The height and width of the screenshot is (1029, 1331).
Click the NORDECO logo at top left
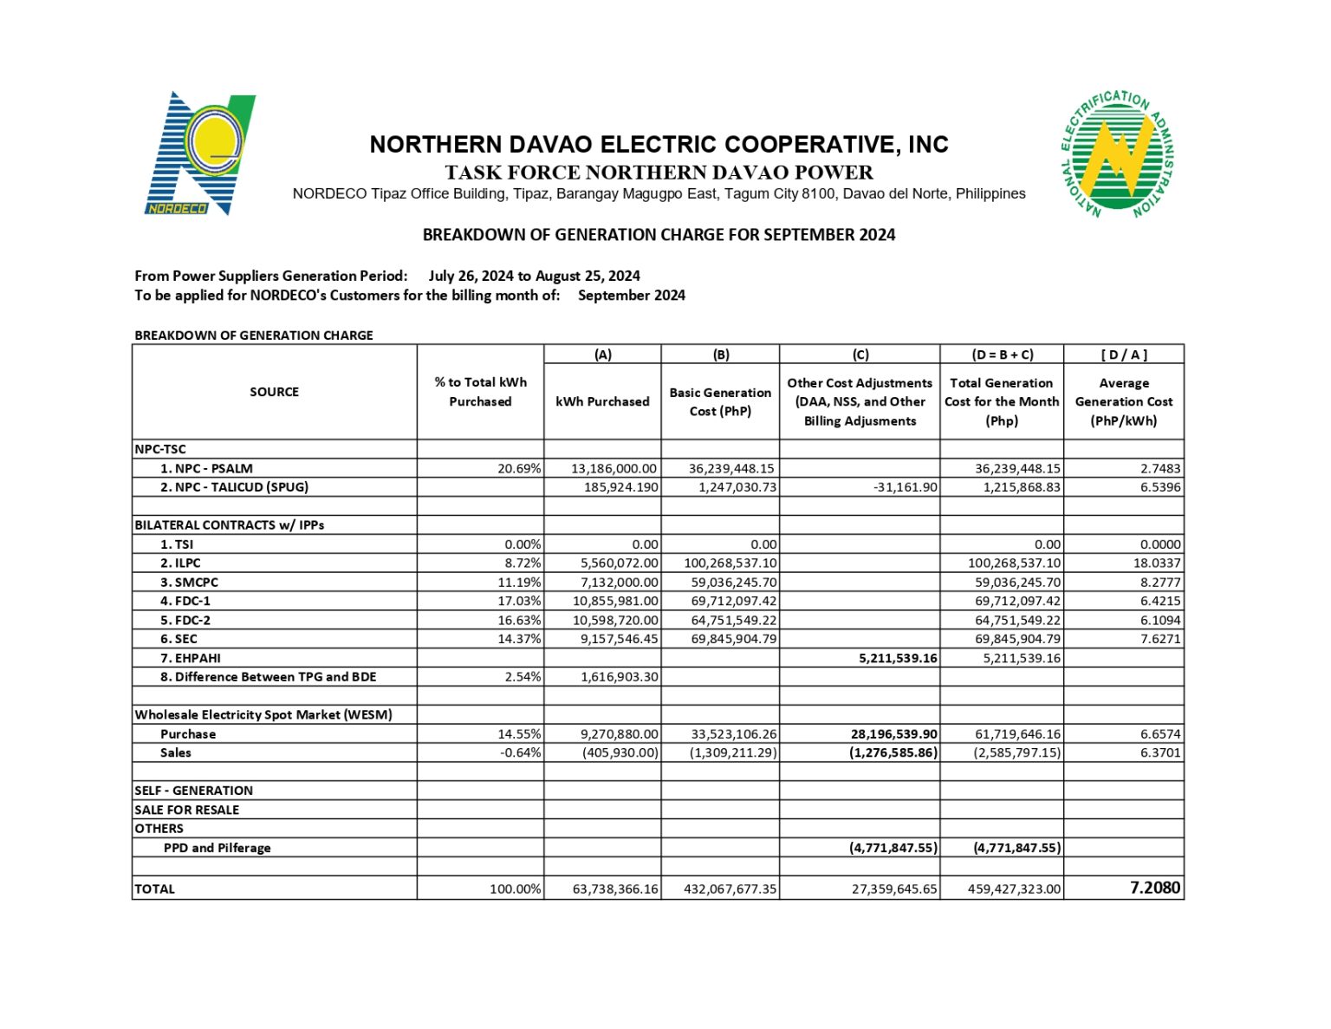[x=198, y=154]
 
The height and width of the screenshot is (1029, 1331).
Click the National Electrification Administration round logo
[x=1117, y=154]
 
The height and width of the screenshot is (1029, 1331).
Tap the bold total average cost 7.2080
[x=1154, y=888]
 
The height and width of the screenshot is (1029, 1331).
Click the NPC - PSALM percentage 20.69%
[x=519, y=468]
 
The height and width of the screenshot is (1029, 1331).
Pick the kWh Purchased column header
[x=602, y=401]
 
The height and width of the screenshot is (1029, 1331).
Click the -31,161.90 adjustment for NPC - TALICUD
[x=905, y=487]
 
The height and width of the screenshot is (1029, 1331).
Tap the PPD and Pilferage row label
[x=217, y=848]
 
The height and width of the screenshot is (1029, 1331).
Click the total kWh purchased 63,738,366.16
[x=615, y=889]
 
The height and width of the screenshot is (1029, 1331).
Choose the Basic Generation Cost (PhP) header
[x=720, y=401]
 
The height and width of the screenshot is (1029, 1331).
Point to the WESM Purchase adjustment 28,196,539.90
[x=893, y=734]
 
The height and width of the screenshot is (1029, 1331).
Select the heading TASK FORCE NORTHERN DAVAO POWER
[x=659, y=173]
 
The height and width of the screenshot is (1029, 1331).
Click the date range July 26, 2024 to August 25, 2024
[x=534, y=276]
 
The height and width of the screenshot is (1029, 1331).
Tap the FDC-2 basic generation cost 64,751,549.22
[x=733, y=621]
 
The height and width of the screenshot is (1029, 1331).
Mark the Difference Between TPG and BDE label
[x=268, y=677]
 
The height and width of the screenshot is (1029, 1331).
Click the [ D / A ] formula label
[x=1123, y=355]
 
